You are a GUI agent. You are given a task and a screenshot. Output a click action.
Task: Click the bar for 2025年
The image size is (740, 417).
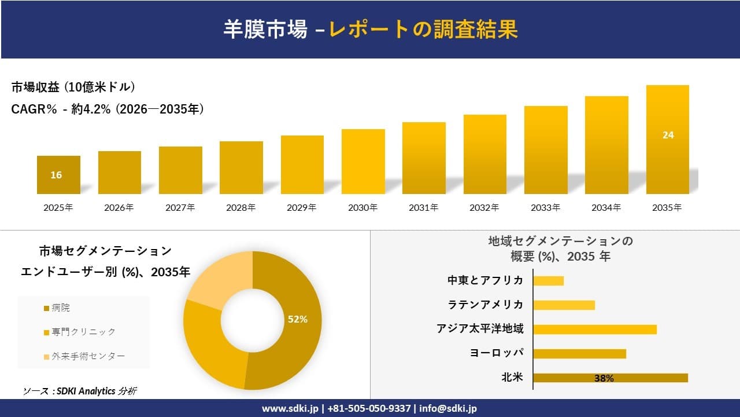tap(58, 174)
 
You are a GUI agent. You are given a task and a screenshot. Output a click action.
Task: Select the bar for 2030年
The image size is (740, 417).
tap(363, 162)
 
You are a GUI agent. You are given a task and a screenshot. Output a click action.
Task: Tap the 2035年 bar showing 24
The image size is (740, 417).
tap(667, 140)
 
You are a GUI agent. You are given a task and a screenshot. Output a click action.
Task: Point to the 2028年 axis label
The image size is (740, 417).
tap(241, 207)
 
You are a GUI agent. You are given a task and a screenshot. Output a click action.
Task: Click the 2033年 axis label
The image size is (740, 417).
tap(545, 207)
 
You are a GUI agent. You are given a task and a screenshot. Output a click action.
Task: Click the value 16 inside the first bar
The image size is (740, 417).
tap(56, 175)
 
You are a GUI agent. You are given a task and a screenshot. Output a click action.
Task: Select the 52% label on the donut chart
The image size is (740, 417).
tap(298, 319)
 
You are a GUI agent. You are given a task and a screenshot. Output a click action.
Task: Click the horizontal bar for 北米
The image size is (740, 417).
tap(610, 378)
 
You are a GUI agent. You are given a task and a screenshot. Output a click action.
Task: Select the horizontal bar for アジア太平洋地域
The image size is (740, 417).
tap(594, 329)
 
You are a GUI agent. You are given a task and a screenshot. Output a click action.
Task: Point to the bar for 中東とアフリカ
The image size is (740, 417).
tap(548, 280)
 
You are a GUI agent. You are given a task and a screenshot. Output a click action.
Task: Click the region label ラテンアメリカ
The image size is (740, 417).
tap(485, 305)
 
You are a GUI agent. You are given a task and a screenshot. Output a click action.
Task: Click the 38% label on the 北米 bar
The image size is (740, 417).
tap(604, 378)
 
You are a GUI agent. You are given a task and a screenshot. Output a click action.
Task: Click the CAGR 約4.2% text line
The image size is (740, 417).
tap(108, 109)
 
